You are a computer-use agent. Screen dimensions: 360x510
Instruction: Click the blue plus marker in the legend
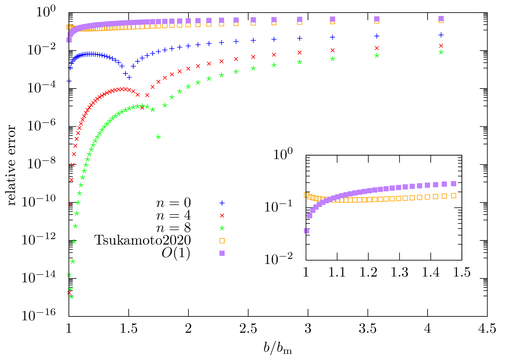(x=222, y=203)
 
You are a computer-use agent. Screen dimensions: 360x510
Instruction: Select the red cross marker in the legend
(x=222, y=216)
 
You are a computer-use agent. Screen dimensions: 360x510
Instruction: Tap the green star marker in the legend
(x=222, y=228)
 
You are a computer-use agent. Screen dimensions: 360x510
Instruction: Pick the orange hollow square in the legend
(x=222, y=241)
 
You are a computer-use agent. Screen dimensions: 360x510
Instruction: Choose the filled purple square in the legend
(x=222, y=253)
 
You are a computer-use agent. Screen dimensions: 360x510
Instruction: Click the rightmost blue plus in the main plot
(x=441, y=35)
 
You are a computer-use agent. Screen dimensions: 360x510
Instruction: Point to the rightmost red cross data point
(x=441, y=46)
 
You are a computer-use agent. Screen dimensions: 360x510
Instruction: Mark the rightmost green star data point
(x=441, y=52)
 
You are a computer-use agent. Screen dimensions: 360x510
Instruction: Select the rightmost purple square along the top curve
(x=441, y=18)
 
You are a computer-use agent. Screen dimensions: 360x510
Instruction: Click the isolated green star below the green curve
(x=159, y=137)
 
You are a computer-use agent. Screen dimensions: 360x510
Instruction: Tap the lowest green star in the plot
(x=71, y=297)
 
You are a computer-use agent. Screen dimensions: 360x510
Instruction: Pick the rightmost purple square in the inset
(x=453, y=184)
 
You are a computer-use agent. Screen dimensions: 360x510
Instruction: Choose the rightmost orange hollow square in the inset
(x=453, y=195)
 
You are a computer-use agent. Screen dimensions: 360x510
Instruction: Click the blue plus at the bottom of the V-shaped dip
(x=129, y=78)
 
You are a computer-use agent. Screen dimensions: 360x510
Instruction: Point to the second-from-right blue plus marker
(x=377, y=36)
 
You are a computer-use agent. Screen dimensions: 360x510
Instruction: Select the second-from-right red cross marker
(x=377, y=48)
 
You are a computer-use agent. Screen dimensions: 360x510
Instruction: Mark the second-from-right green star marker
(x=377, y=56)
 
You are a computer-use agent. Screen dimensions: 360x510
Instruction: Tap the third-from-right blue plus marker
(x=332, y=37)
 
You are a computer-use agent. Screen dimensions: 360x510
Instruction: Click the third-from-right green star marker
(x=332, y=59)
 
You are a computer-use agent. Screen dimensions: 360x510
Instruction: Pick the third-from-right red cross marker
(x=332, y=50)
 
